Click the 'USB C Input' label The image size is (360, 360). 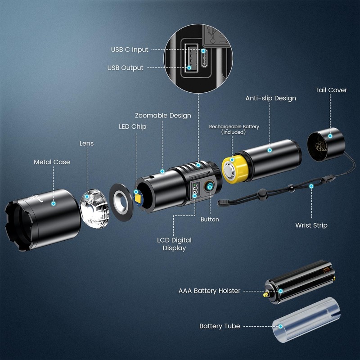[x=129, y=49]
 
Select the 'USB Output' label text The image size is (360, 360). [x=125, y=68]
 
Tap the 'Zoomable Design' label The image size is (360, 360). [x=163, y=116]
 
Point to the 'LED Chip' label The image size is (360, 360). [x=132, y=127]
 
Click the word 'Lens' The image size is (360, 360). [x=86, y=144]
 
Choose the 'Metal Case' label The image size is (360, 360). [x=52, y=162]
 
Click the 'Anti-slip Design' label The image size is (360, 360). [x=270, y=98]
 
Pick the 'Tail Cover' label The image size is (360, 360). [x=331, y=90]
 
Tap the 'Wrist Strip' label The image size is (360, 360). [x=311, y=225]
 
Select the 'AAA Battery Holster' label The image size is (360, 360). [x=209, y=291]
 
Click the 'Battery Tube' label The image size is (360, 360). [x=220, y=326]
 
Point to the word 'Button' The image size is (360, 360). [x=210, y=219]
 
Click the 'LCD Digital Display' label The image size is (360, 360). [x=174, y=244]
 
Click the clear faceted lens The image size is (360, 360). [x=94, y=206]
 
